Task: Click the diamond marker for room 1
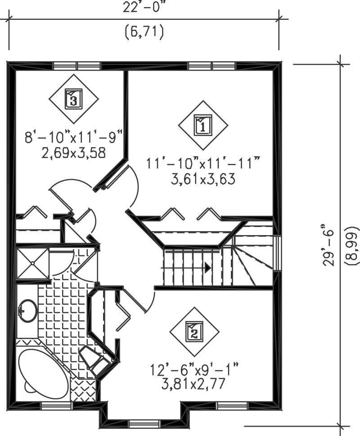[202, 125]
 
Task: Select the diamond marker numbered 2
[194, 332]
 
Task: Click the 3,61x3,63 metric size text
[203, 179]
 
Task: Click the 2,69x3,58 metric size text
[74, 153]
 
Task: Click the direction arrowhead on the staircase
[207, 268]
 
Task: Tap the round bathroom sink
[28, 310]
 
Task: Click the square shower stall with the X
[32, 263]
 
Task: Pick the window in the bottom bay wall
[144, 423]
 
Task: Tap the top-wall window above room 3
[76, 66]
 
